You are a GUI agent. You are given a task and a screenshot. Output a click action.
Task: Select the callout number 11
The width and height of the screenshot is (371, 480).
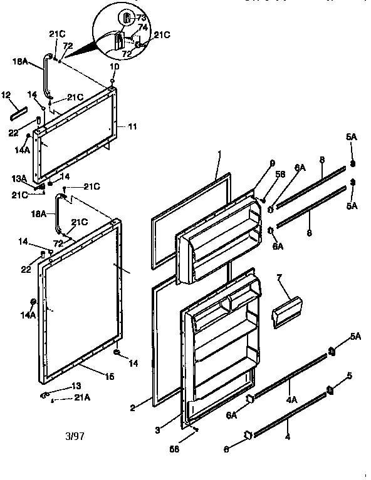tap(132, 126)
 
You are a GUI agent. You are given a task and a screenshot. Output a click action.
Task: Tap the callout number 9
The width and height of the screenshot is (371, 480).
tap(273, 163)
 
